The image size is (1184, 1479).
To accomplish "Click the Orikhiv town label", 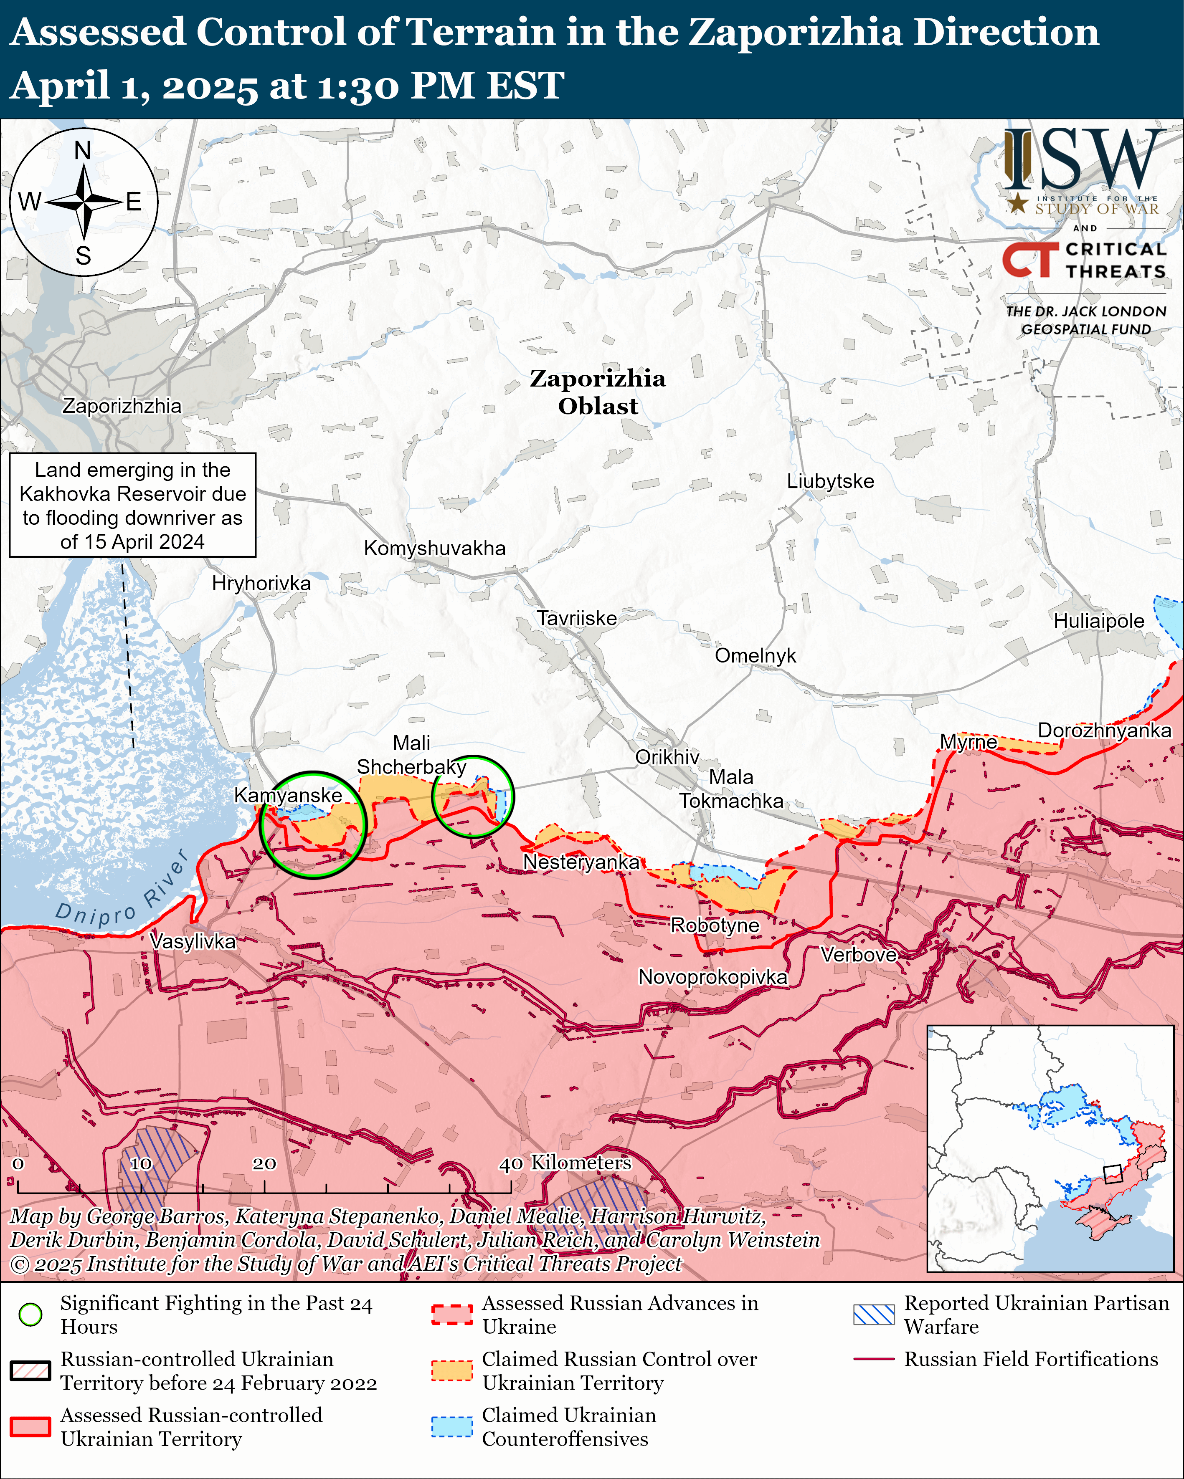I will tap(667, 757).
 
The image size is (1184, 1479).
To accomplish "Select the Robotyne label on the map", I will tap(715, 925).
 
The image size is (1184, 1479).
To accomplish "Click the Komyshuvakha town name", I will tap(434, 548).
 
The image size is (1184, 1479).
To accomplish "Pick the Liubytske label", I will tap(830, 481).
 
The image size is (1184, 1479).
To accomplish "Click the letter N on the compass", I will tap(82, 150).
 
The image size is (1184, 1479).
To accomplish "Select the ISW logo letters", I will tap(1085, 161).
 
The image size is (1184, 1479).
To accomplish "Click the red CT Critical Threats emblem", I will tap(1029, 259).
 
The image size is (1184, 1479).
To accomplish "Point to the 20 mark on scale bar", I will tap(264, 1164).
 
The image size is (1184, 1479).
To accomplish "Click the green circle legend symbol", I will tap(30, 1315).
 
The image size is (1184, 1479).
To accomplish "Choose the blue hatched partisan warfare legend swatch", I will tap(874, 1315).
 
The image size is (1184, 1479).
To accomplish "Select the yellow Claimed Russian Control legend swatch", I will tap(451, 1370).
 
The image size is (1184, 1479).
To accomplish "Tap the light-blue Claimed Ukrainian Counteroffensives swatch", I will tap(451, 1426).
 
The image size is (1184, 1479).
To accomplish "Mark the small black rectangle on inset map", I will tap(1112, 1174).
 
